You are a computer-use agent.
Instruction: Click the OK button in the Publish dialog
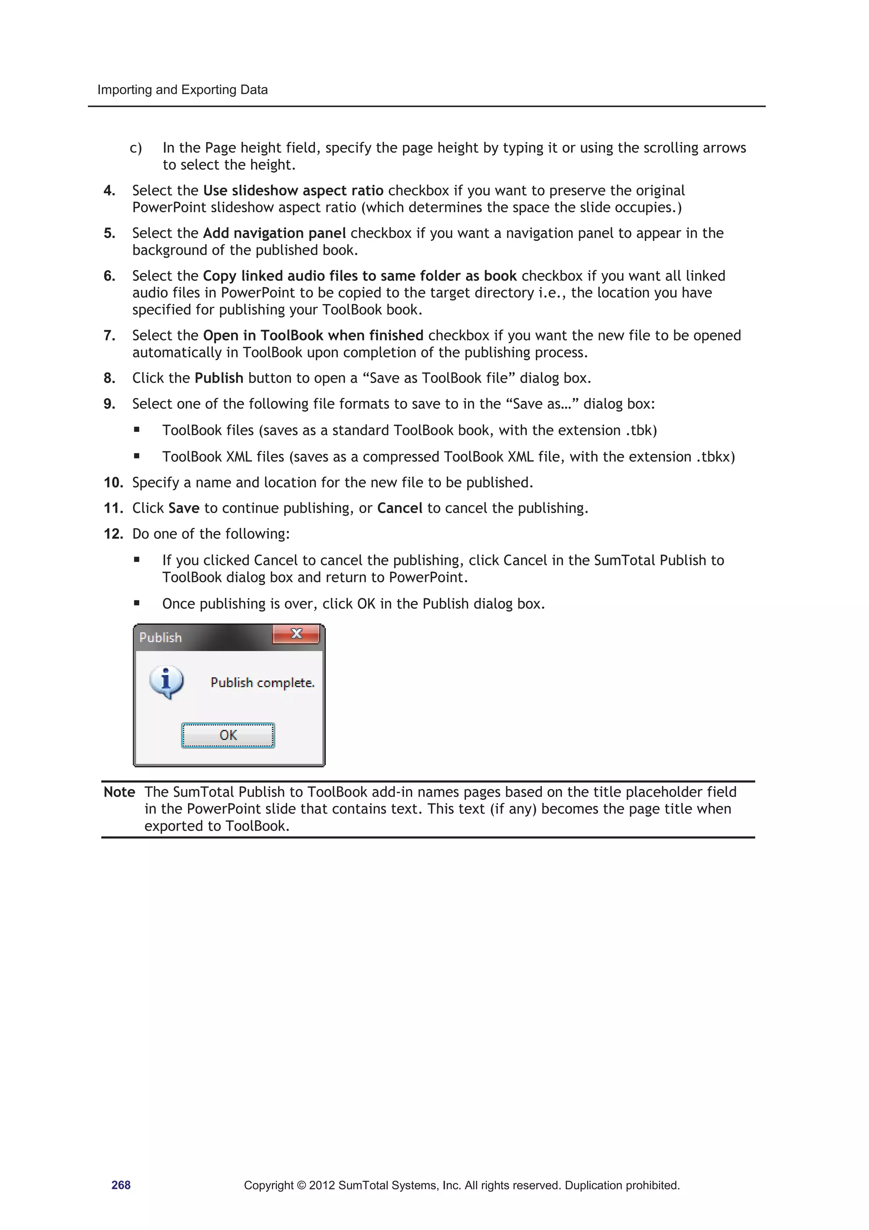(x=228, y=735)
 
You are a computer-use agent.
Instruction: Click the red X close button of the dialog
(x=296, y=634)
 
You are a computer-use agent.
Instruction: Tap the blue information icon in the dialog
(x=166, y=681)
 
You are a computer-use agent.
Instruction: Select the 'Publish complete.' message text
(x=262, y=682)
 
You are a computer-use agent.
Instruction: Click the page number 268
(x=121, y=1185)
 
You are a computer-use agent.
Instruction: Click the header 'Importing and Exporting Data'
(x=182, y=90)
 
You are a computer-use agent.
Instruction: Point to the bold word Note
(x=119, y=792)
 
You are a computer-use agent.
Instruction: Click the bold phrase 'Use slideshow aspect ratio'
(x=293, y=191)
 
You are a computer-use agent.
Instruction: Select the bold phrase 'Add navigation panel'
(x=274, y=233)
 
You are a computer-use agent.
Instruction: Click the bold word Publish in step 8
(x=219, y=378)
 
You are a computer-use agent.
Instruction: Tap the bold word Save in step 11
(x=184, y=508)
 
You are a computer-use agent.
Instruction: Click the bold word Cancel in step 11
(x=399, y=508)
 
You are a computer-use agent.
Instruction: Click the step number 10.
(x=113, y=483)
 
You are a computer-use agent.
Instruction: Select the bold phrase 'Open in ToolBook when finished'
(x=313, y=335)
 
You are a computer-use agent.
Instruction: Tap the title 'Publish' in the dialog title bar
(x=161, y=637)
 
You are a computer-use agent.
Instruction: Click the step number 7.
(x=109, y=335)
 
